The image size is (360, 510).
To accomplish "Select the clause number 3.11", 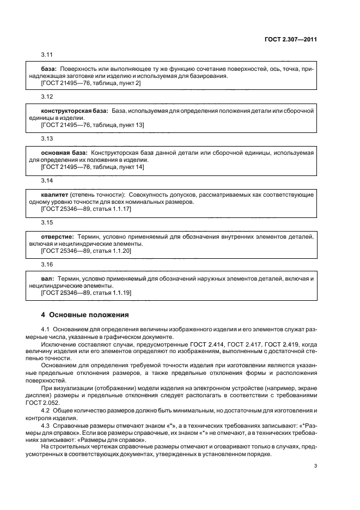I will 47,55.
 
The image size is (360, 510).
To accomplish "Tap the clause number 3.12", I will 47,96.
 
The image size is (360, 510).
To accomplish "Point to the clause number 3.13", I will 47,138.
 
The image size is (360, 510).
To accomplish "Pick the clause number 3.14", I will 47,180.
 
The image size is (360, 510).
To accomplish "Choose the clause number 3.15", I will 47,222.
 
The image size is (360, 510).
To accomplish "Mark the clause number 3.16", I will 47,264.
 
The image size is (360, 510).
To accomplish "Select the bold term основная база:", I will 64,153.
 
